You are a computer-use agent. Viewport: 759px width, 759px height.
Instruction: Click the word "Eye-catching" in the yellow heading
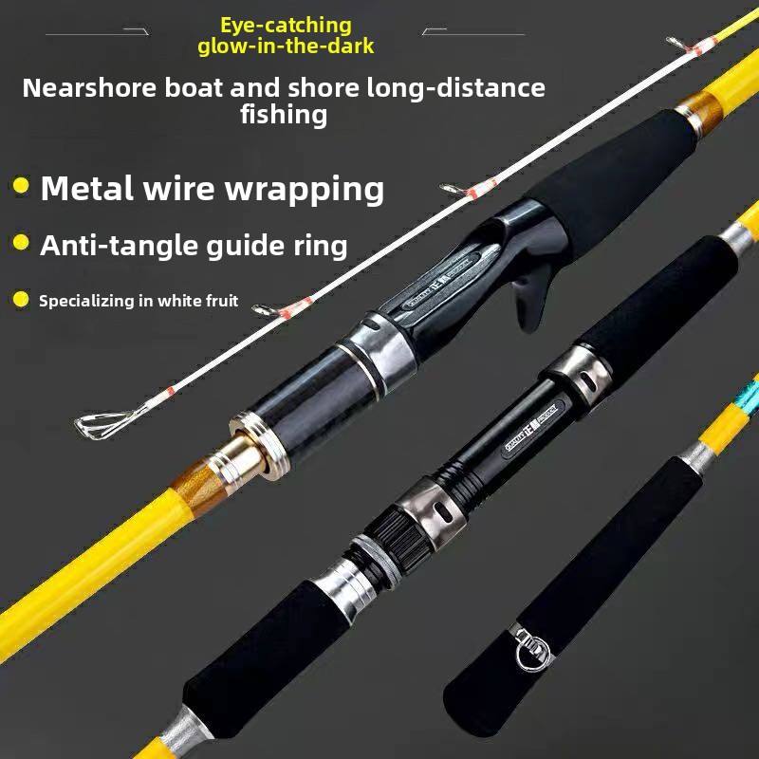(x=286, y=26)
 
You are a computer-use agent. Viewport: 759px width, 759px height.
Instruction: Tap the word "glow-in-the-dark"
(x=286, y=46)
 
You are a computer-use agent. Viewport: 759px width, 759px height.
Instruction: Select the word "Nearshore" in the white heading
(x=90, y=88)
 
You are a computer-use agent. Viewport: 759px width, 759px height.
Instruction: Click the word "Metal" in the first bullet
(x=86, y=188)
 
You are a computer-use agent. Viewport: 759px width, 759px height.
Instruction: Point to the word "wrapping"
(x=305, y=189)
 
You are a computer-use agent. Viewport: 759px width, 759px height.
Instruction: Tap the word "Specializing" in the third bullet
(x=88, y=302)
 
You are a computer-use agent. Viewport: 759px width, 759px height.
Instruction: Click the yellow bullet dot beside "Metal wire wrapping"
(x=21, y=186)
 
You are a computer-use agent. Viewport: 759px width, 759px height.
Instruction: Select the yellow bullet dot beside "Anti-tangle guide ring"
(x=21, y=245)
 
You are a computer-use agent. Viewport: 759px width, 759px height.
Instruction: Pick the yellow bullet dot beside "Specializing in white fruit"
(x=21, y=301)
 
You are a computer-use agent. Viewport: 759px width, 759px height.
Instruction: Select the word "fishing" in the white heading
(x=285, y=116)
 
